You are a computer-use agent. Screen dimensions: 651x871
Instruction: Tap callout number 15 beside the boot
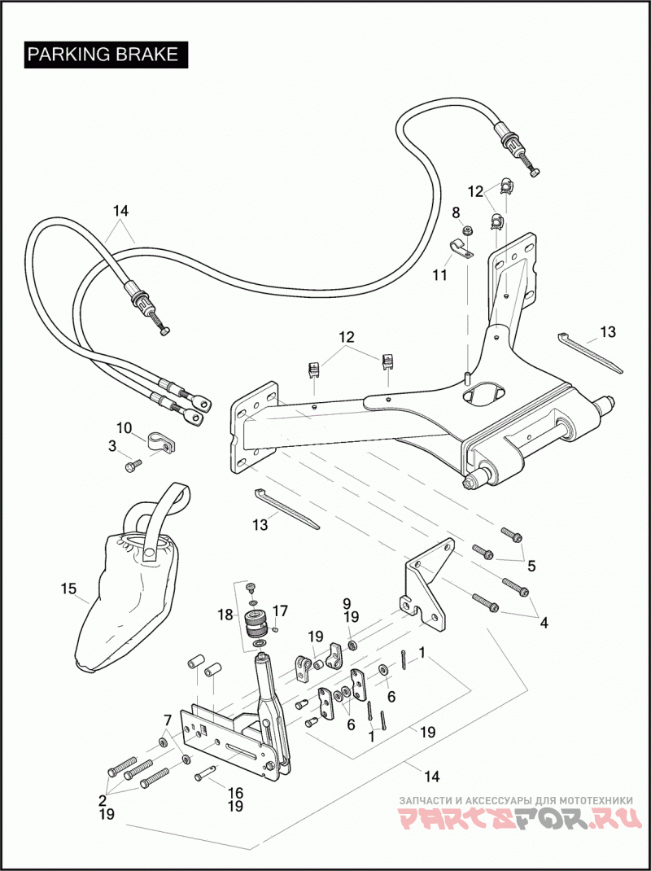click(68, 589)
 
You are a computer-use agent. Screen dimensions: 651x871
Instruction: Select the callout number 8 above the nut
click(456, 212)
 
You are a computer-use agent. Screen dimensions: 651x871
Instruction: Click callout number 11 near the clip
click(440, 274)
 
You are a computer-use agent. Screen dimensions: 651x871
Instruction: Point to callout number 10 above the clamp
click(125, 428)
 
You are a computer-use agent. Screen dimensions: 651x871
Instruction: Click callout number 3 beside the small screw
click(113, 445)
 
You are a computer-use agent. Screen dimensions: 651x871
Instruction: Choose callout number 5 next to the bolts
click(531, 566)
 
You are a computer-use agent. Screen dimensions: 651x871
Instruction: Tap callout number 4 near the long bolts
click(544, 623)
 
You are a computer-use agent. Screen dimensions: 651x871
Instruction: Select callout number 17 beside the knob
click(280, 611)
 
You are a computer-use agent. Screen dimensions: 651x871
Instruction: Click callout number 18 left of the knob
click(226, 615)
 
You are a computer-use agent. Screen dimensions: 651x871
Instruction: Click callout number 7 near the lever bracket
click(167, 720)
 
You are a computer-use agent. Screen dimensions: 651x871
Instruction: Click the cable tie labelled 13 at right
click(590, 353)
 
